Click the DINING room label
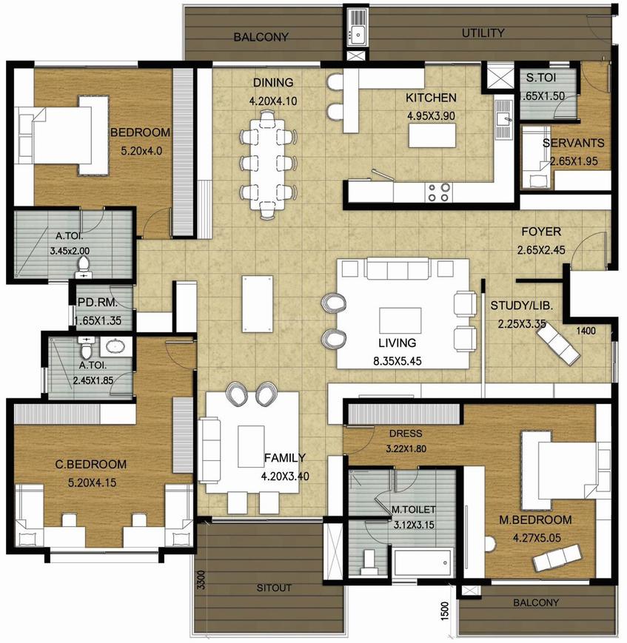273,82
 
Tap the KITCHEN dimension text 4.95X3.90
431,116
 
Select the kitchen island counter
432,135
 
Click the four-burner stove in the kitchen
439,192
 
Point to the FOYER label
541,232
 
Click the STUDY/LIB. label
522,306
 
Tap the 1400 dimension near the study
586,331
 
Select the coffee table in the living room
400,320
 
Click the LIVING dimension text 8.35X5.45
397,361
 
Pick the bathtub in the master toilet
423,563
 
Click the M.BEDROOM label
535,519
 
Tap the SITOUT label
274,588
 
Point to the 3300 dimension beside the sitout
201,580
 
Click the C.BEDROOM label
91,464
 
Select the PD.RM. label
98,303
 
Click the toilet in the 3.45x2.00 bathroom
84,266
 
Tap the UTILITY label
483,33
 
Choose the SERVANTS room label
573,143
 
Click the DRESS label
406,434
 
